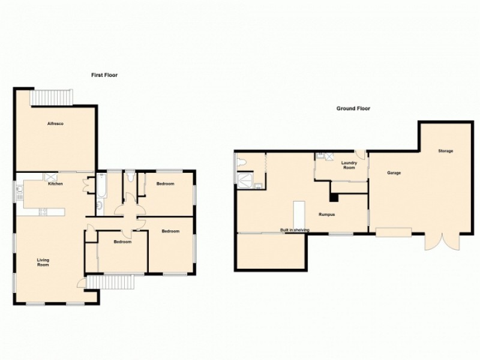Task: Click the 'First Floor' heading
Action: tap(104, 76)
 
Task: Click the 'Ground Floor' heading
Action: tap(353, 109)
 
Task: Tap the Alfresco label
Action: tap(56, 124)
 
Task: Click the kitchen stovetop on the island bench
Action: tap(42, 211)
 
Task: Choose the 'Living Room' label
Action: tap(43, 262)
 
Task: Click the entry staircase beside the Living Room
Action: tap(109, 282)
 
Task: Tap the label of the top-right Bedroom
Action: tap(165, 184)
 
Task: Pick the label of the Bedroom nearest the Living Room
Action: tap(122, 242)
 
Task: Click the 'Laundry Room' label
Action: tap(349, 165)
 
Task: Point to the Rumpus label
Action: tap(326, 214)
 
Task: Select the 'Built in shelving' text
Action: tap(295, 230)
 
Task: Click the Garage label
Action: tap(394, 173)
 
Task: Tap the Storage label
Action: tap(445, 151)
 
